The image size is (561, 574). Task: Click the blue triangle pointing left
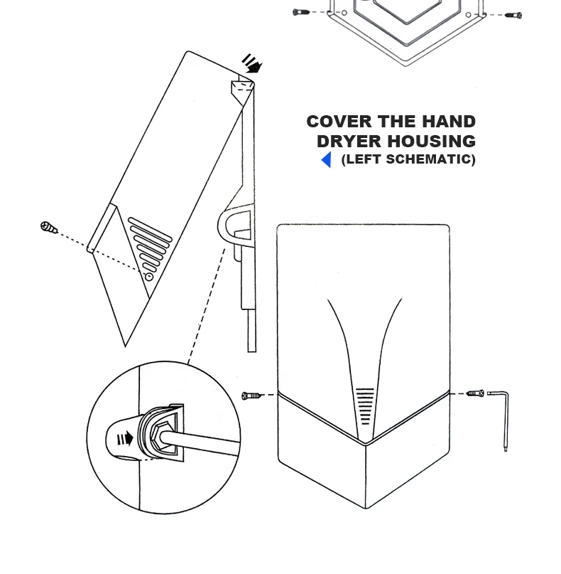click(x=326, y=160)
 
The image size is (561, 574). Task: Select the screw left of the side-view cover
click(x=48, y=228)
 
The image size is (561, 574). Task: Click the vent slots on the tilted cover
click(x=150, y=245)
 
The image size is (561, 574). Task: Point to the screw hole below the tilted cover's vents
click(x=148, y=276)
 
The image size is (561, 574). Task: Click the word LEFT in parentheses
click(x=361, y=160)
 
